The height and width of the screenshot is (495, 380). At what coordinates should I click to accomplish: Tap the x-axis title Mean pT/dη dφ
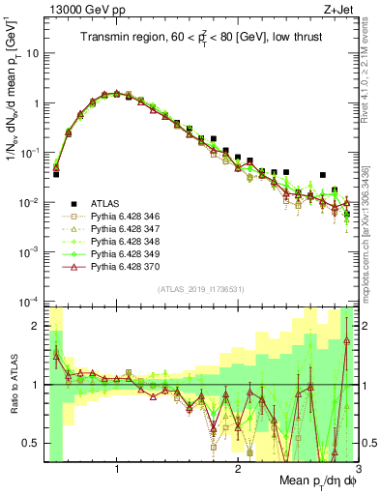pos(313,481)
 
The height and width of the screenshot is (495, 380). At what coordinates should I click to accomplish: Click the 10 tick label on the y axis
pos(32,53)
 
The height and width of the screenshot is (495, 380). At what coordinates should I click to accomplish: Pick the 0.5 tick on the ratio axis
pos(31,444)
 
